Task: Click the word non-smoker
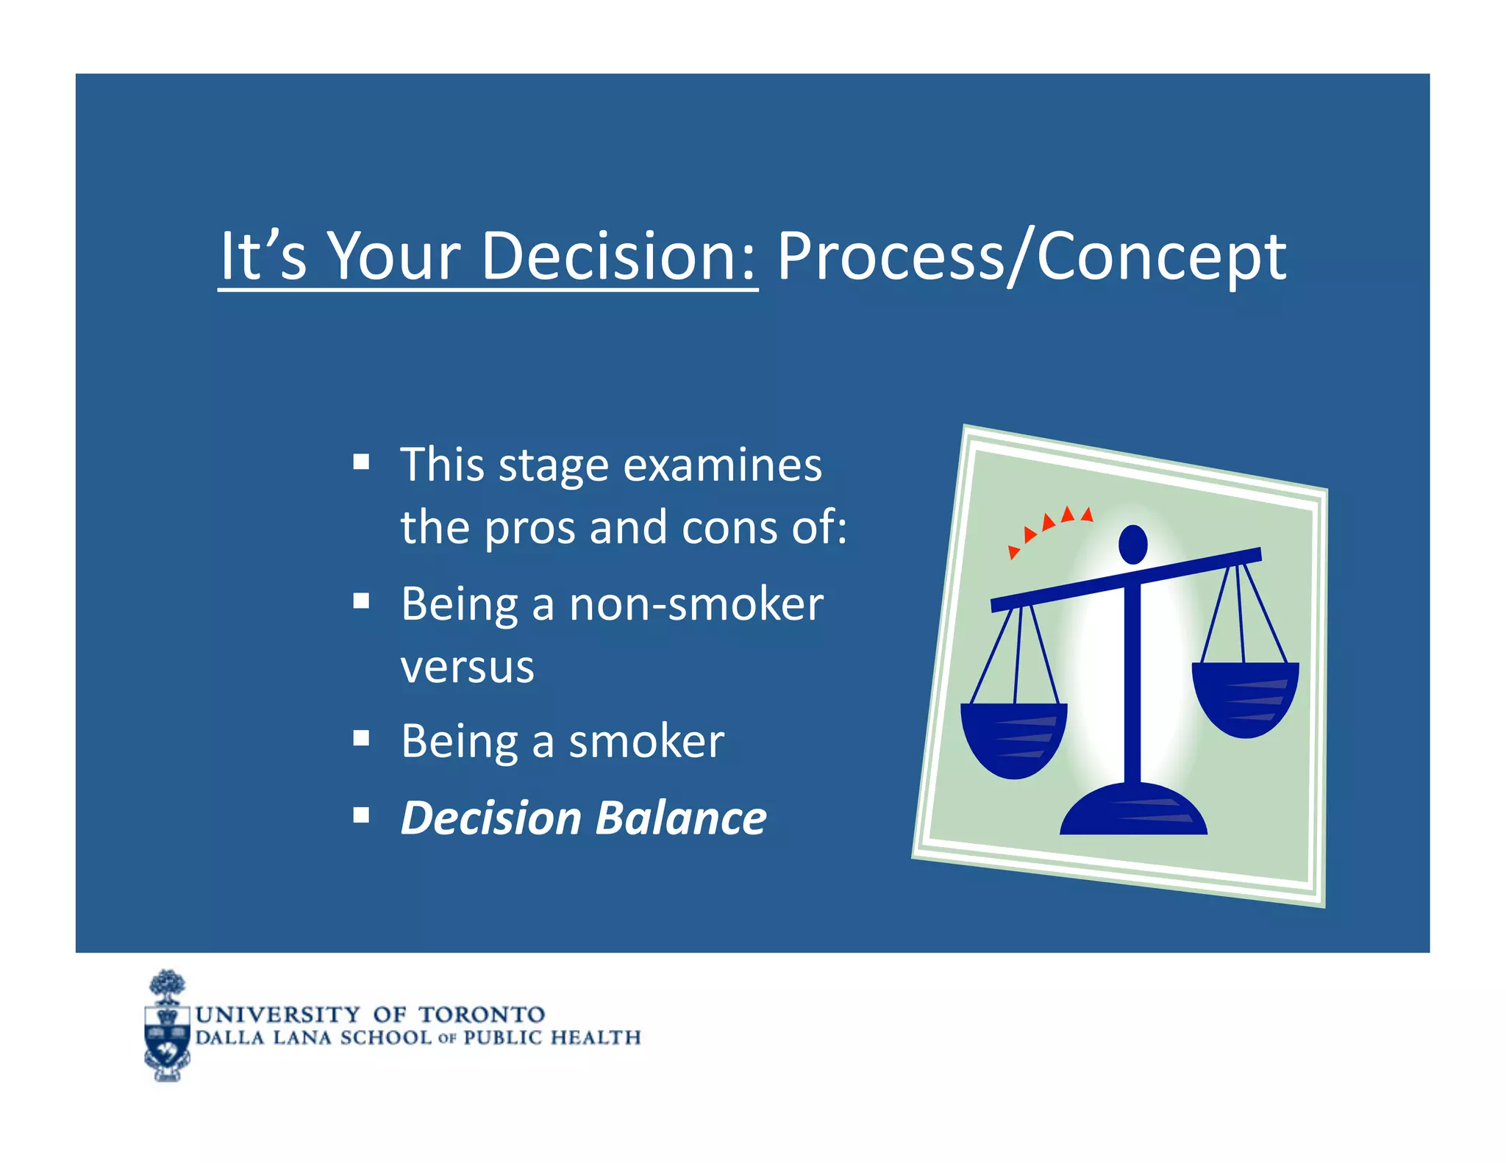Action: [x=696, y=604]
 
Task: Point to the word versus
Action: [x=467, y=668]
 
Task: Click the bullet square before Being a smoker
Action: [x=360, y=737]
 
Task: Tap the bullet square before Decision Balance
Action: [x=360, y=815]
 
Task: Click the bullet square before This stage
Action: [x=360, y=462]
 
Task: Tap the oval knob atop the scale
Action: [x=1132, y=545]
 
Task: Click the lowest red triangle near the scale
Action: [x=1013, y=551]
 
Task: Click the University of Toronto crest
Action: [x=168, y=1026]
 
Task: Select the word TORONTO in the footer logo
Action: [x=482, y=1015]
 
